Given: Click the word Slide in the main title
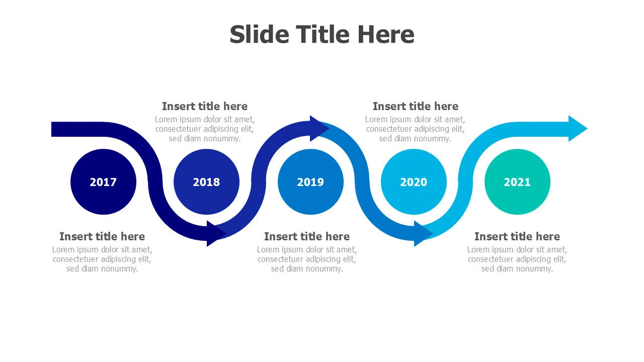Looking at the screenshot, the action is pyautogui.click(x=259, y=34).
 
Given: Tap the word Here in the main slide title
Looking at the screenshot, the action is pyautogui.click(x=386, y=34).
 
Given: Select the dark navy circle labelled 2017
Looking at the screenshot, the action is pyautogui.click(x=103, y=182).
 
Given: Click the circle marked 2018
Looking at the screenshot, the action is pyautogui.click(x=206, y=182).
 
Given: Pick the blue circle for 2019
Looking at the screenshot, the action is pyautogui.click(x=310, y=182).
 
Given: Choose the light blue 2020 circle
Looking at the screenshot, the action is pyautogui.click(x=414, y=182).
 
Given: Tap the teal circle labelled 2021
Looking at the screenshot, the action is pyautogui.click(x=517, y=182).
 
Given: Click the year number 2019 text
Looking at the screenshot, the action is pyautogui.click(x=310, y=182).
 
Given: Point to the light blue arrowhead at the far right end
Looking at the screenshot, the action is pyautogui.click(x=577, y=128).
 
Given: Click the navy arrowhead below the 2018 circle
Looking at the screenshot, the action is pyautogui.click(x=216, y=234).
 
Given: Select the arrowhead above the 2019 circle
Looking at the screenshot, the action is pyautogui.click(x=319, y=128).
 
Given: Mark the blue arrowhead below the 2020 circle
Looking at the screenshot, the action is pyautogui.click(x=423, y=234).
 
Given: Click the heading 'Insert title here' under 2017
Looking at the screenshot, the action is pyautogui.click(x=102, y=236).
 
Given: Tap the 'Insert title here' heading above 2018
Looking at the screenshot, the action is pyautogui.click(x=205, y=106).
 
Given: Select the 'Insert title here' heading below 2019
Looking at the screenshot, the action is pyautogui.click(x=307, y=236).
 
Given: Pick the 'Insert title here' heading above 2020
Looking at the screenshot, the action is pyautogui.click(x=416, y=106).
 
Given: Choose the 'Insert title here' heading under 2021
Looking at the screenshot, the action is pyautogui.click(x=517, y=236).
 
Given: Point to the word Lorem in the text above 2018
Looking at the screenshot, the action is pyautogui.click(x=165, y=119).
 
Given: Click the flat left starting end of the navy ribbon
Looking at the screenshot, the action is pyautogui.click(x=52, y=129).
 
